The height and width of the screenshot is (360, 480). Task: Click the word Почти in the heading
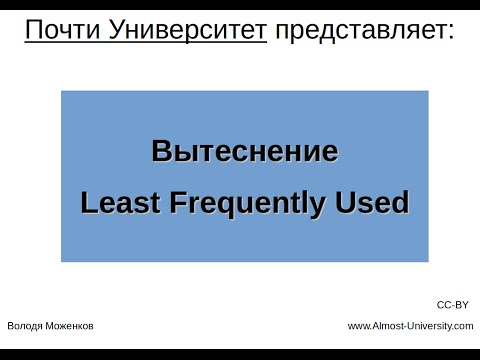(x=57, y=33)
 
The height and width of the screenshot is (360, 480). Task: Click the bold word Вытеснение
(x=244, y=153)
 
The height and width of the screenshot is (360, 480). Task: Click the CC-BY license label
(x=453, y=304)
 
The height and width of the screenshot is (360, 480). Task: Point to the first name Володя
(x=25, y=326)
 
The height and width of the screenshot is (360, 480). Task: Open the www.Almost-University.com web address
(x=410, y=326)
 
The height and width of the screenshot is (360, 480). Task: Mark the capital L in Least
(x=87, y=203)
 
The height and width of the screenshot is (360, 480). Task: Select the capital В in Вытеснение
(x=160, y=153)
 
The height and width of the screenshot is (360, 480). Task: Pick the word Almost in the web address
(x=388, y=326)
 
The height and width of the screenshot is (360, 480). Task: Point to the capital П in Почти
(x=33, y=33)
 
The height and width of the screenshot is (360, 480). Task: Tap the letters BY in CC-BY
(x=461, y=304)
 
